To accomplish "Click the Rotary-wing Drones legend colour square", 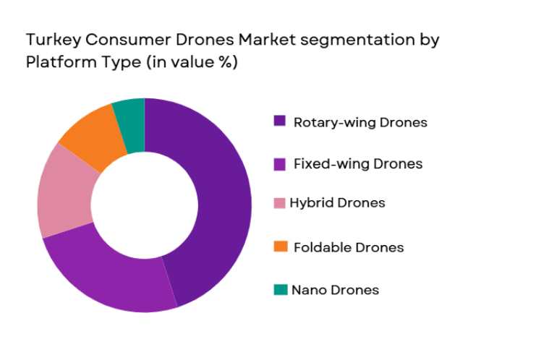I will pyautogui.click(x=279, y=121).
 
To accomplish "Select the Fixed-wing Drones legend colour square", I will pyautogui.click(x=279, y=164).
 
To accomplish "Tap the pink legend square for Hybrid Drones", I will pyautogui.click(x=279, y=203).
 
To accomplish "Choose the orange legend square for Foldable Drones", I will pyautogui.click(x=279, y=247).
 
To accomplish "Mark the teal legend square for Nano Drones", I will pyautogui.click(x=279, y=290).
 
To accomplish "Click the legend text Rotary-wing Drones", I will pyautogui.click(x=360, y=122).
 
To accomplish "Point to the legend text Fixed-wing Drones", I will pyautogui.click(x=358, y=164).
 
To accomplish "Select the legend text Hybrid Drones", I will pyautogui.click(x=337, y=203).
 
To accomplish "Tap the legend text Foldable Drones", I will pyautogui.click(x=349, y=247).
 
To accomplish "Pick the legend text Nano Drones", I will pyautogui.click(x=335, y=290).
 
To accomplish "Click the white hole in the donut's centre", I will pyautogui.click(x=145, y=205).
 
